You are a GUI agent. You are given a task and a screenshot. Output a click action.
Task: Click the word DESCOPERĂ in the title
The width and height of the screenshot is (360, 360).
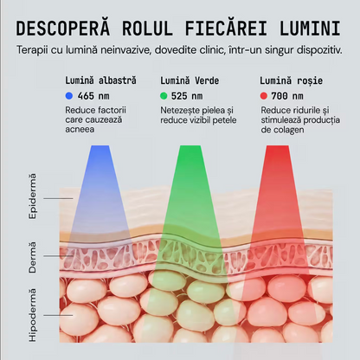(x=63, y=28)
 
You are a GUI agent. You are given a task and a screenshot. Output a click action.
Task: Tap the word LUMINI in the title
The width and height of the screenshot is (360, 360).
(x=310, y=28)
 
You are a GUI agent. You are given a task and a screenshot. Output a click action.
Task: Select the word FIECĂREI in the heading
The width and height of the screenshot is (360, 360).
(x=226, y=28)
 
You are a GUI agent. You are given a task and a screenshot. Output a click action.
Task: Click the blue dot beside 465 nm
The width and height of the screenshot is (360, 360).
(x=69, y=96)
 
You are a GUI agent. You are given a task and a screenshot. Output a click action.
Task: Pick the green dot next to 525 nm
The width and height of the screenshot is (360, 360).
(x=164, y=96)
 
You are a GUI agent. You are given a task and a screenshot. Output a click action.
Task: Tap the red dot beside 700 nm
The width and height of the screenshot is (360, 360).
(x=264, y=96)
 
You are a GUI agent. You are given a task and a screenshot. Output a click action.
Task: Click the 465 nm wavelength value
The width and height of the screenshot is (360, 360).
(x=93, y=96)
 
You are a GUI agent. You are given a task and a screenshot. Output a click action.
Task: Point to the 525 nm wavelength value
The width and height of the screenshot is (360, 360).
(x=187, y=96)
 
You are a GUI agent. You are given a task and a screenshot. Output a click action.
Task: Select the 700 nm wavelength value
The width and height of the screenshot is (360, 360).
(x=287, y=96)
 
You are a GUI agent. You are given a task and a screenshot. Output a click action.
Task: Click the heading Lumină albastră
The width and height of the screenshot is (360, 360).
(x=100, y=80)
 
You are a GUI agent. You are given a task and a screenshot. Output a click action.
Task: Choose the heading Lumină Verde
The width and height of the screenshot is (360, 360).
(x=190, y=80)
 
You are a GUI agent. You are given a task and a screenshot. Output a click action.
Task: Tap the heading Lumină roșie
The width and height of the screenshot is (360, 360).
(x=291, y=80)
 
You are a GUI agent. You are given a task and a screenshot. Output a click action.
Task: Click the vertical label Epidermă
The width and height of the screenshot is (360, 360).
(x=33, y=196)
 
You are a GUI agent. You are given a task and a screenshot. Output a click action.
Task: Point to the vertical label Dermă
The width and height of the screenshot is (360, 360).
(x=33, y=258)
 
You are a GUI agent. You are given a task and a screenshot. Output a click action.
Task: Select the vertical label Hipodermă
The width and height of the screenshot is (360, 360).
(x=33, y=315)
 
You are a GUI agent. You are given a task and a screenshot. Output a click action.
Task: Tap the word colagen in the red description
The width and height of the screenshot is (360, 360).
(x=290, y=130)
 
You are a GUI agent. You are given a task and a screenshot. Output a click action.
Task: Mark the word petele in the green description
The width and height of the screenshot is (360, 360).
(x=224, y=120)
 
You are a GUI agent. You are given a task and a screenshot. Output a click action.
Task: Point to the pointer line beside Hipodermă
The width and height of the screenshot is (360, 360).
(x=58, y=315)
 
